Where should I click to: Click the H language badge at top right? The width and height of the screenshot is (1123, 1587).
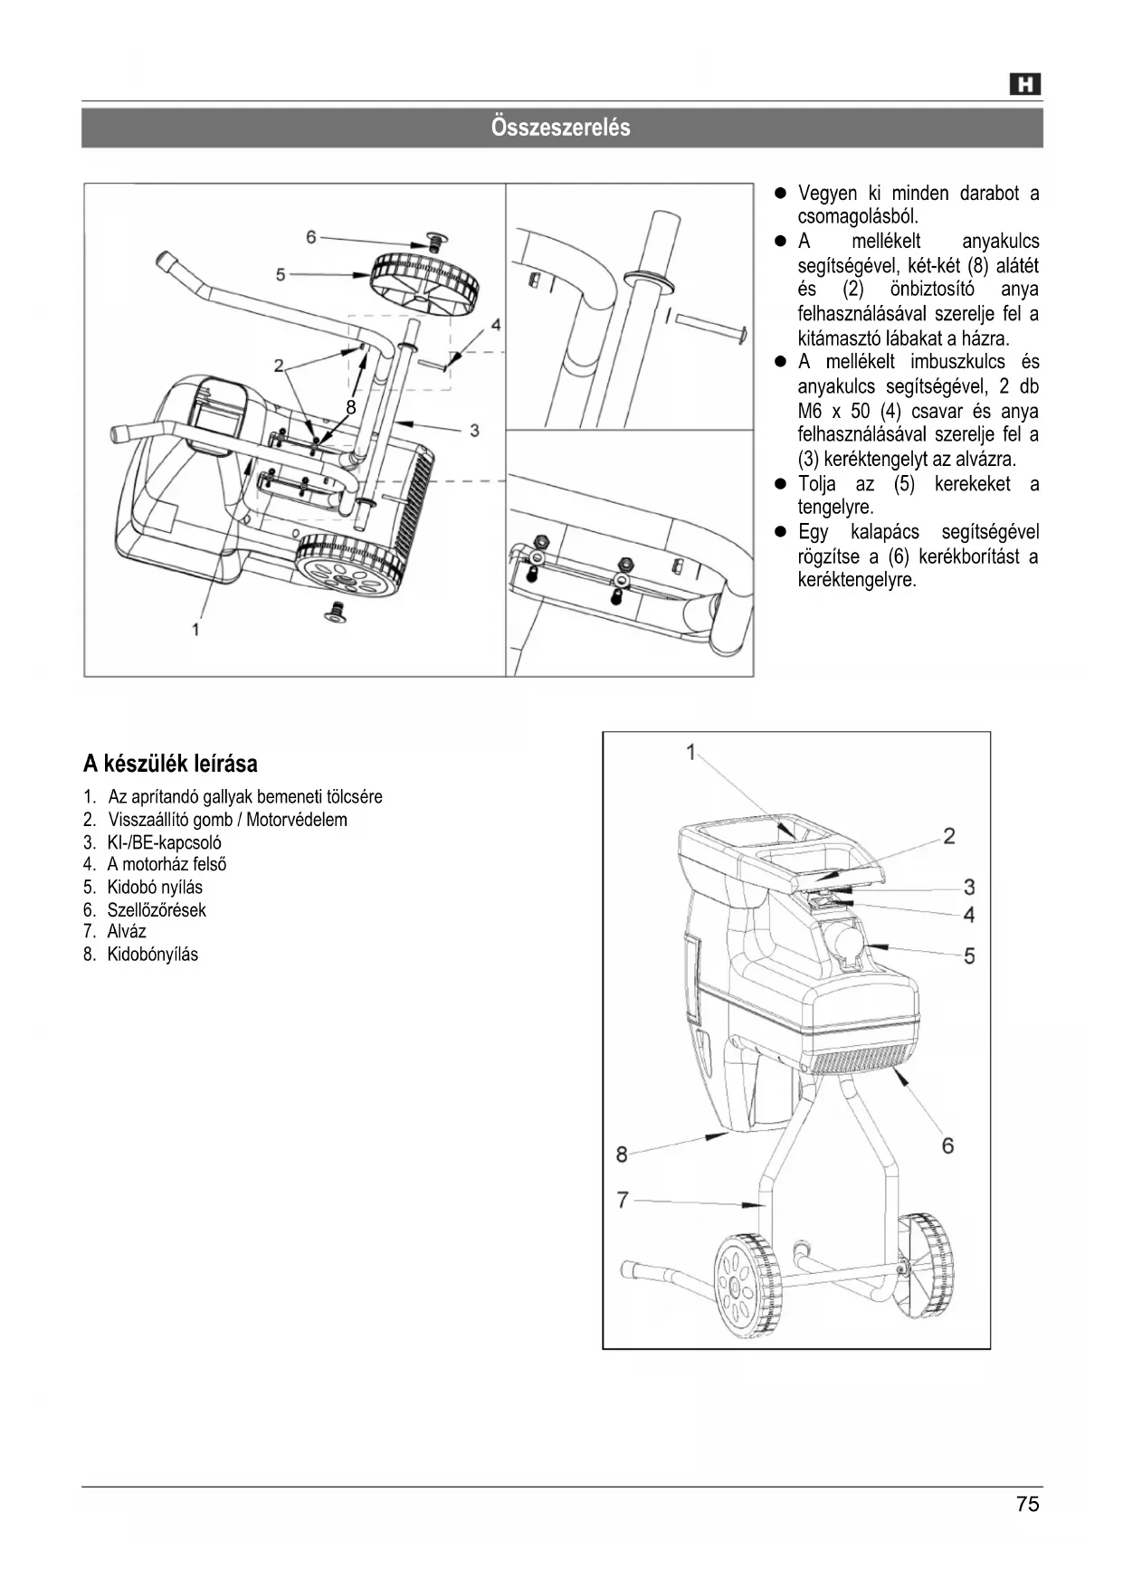(x=1025, y=85)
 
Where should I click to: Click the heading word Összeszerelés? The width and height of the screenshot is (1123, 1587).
(x=561, y=128)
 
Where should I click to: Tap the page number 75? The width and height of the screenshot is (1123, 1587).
(x=1027, y=1505)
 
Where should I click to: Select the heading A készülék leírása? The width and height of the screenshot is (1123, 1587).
(x=170, y=764)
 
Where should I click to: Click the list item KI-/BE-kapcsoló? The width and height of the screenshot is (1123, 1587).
(x=164, y=842)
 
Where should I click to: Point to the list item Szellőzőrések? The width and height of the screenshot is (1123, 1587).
(x=156, y=910)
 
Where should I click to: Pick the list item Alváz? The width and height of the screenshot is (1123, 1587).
(x=126, y=932)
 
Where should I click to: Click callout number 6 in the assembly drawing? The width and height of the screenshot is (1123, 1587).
(x=311, y=237)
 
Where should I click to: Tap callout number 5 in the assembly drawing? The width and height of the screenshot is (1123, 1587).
(x=281, y=273)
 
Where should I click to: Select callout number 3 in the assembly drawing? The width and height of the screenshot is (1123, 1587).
(x=474, y=431)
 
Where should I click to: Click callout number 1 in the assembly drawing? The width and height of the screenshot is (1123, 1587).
(x=195, y=629)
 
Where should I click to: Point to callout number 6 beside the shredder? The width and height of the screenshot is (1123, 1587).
(x=947, y=1145)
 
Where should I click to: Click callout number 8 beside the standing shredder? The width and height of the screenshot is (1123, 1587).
(x=622, y=1154)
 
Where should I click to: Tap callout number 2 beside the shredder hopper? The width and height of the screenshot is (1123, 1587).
(x=949, y=835)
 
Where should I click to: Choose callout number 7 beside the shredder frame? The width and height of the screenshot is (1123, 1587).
(x=623, y=1200)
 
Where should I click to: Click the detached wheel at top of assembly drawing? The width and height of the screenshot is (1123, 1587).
(x=424, y=283)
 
